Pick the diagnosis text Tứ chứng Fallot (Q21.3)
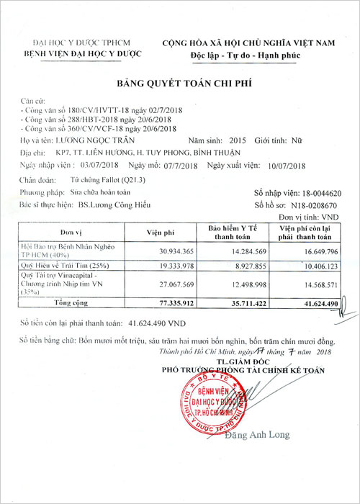tap(99, 179)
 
